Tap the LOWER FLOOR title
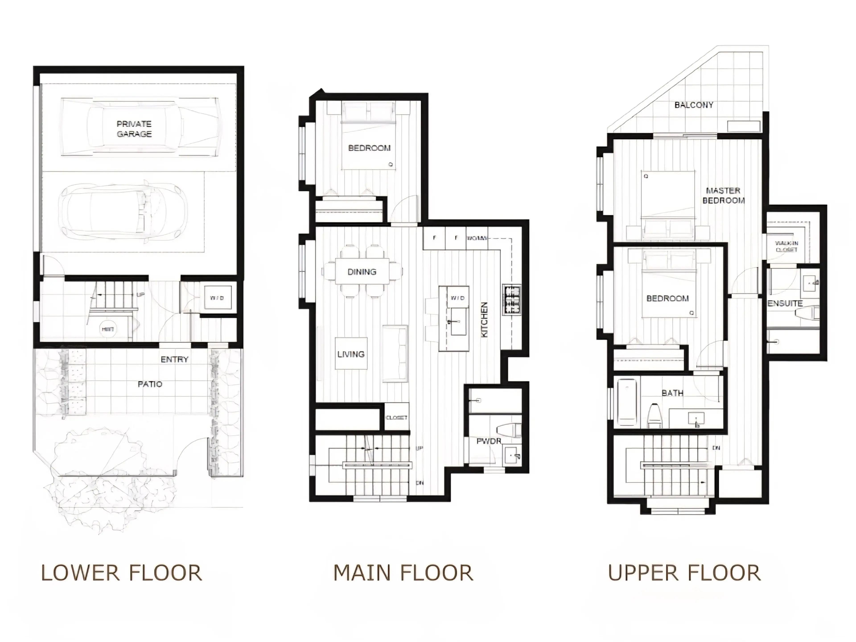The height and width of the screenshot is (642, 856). (121, 573)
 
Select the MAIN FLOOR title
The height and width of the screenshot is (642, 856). (403, 573)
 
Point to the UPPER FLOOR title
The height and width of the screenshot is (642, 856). (684, 573)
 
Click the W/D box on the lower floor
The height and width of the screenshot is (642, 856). (217, 298)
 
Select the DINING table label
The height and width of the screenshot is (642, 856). (362, 272)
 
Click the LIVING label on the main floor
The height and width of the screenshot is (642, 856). (351, 354)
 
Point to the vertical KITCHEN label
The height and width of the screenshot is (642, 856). (484, 320)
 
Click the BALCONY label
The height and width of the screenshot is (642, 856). (693, 105)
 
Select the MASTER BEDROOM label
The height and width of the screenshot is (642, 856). (723, 195)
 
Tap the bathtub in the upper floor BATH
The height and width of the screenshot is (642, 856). (627, 402)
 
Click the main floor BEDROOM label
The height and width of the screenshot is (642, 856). (369, 148)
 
